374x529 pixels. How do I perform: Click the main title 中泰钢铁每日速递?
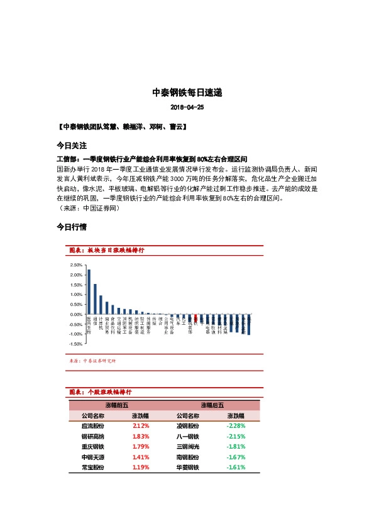(x=187, y=92)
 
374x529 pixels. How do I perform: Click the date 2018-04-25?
(x=187, y=107)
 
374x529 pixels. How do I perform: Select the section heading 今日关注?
(x=72, y=145)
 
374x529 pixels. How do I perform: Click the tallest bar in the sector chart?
(x=89, y=292)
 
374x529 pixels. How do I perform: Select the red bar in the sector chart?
(x=195, y=319)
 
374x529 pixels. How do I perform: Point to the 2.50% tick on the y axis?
(x=76, y=264)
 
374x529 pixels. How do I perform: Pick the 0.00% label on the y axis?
(x=76, y=314)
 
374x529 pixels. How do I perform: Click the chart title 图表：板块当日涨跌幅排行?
(x=106, y=250)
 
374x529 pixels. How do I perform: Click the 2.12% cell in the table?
(x=140, y=425)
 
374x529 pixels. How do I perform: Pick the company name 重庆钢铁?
(x=93, y=447)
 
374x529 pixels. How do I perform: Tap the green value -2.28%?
(x=236, y=425)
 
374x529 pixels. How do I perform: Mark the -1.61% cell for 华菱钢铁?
(x=236, y=468)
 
